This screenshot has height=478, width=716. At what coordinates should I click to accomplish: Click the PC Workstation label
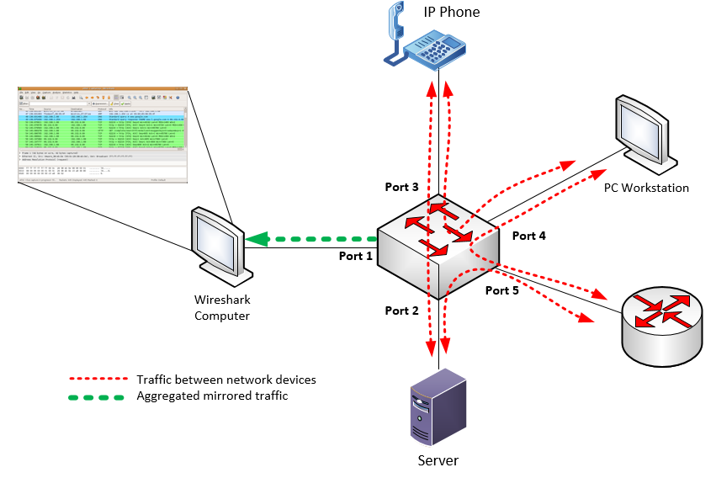point(646,188)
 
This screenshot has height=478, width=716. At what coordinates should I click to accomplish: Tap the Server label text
point(438,460)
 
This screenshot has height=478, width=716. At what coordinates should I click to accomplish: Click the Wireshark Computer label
point(222,307)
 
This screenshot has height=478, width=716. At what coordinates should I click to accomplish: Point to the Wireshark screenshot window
point(101,135)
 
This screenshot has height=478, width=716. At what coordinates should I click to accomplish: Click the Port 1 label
point(355,256)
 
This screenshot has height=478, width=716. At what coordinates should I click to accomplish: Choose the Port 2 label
point(401,311)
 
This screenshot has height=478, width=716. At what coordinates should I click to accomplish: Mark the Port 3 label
point(401,186)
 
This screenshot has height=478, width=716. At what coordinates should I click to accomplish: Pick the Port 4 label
point(529,236)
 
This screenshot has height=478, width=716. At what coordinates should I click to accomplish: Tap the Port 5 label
point(502,290)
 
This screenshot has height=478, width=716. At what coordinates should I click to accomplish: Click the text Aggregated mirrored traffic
point(212,396)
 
